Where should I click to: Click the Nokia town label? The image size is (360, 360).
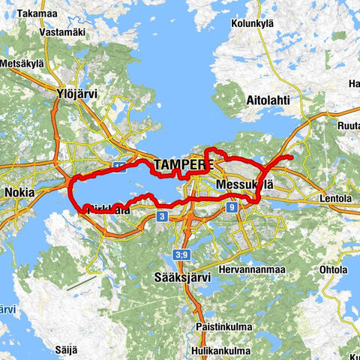[x=19, y=193]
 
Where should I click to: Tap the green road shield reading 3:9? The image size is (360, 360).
[x=181, y=256]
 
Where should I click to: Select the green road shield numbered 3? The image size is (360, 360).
[x=161, y=217]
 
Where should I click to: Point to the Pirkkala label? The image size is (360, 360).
[x=105, y=211]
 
